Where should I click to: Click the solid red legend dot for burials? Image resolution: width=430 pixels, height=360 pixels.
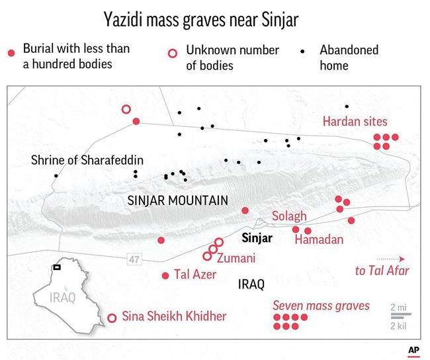(10, 52)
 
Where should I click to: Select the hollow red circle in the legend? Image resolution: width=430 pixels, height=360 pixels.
(173, 52)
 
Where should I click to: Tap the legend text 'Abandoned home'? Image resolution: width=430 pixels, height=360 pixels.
(349, 58)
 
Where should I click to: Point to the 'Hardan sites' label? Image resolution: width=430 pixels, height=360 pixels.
(355, 122)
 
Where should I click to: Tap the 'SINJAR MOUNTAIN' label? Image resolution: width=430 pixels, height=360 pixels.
(177, 201)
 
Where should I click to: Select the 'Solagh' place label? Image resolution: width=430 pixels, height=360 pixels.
(290, 216)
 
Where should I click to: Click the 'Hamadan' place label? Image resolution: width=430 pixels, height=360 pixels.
(319, 240)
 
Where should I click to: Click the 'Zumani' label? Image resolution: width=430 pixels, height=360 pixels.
(236, 258)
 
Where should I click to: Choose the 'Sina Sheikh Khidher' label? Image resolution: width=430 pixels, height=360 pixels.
(174, 316)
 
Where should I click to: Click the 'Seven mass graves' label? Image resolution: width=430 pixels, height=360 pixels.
(322, 306)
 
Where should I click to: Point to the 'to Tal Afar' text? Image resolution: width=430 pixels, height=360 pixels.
(382, 271)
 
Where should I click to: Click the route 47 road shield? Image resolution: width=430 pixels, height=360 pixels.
(134, 260)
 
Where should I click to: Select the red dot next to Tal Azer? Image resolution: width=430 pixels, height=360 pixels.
(165, 276)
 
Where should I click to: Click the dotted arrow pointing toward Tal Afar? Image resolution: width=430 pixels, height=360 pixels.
(390, 259)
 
